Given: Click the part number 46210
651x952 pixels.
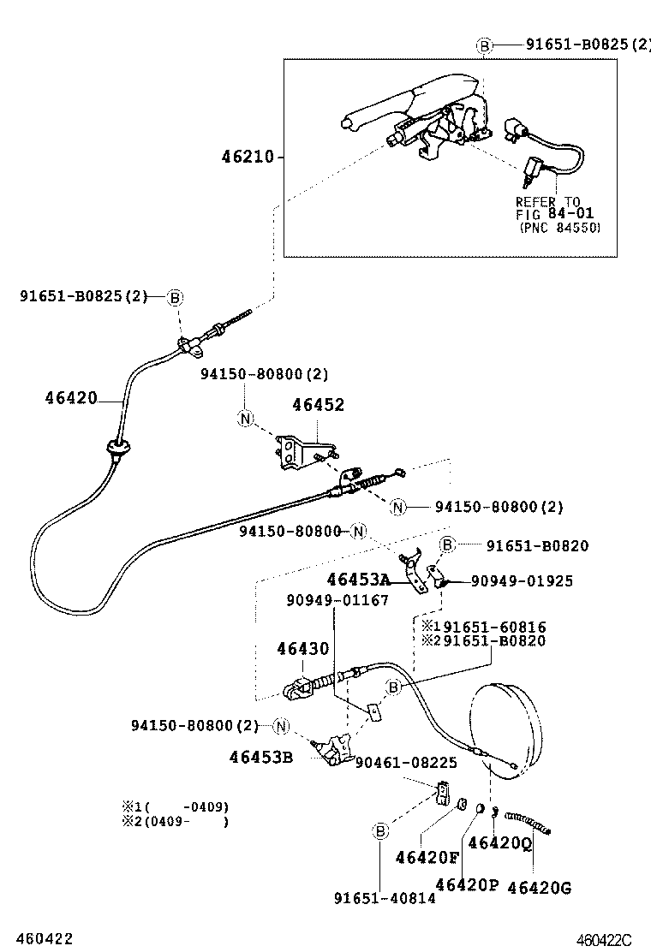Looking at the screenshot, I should click(247, 157).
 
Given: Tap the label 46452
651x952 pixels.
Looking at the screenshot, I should click(318, 405).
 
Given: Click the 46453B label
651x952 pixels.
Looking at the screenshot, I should click(260, 757).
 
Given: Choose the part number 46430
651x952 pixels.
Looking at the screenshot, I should click(302, 649).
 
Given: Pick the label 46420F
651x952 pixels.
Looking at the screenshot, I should click(427, 857).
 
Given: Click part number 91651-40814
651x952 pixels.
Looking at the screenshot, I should click(385, 898).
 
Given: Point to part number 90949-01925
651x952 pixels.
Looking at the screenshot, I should click(521, 581).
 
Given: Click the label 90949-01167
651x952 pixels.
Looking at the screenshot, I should click(337, 600).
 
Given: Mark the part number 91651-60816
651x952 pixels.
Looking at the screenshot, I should click(490, 627).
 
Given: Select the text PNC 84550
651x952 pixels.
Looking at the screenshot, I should click(559, 228).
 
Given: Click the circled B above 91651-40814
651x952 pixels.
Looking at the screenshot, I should click(379, 830).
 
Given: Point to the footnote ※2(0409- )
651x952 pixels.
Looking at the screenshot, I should click(175, 822).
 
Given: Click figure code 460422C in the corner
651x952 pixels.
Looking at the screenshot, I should click(603, 940).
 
